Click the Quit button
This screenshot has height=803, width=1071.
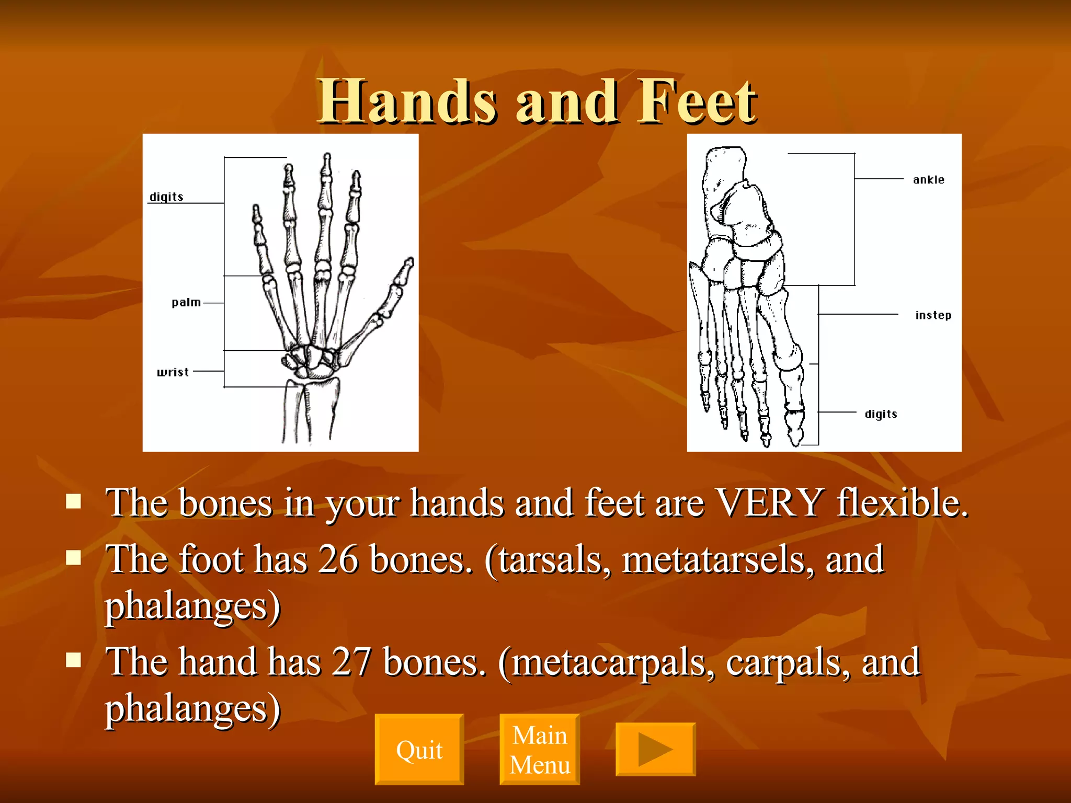pos(419,750)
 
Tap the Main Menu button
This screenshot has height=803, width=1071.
pos(540,750)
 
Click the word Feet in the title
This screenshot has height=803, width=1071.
pos(697,102)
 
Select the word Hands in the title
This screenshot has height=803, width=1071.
pos(407,102)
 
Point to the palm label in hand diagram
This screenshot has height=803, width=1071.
pos(186,303)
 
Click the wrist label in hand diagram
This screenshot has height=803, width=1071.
pos(173,372)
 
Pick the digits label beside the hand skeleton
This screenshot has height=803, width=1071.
pos(166,197)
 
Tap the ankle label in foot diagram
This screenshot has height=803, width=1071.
pos(929,180)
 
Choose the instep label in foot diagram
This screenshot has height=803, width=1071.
pos(933,315)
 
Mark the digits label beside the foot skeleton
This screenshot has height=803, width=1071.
pos(881,414)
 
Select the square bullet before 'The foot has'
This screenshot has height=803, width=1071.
pos(74,558)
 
